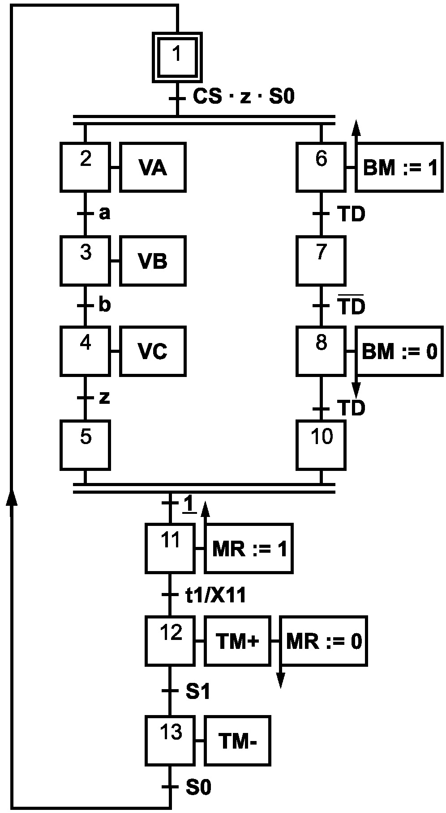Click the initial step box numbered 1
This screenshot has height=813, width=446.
tap(177, 57)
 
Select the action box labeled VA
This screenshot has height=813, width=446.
tap(153, 167)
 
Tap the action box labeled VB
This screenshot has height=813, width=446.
tap(153, 261)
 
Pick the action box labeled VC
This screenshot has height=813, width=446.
tap(153, 351)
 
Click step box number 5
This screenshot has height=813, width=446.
tap(85, 445)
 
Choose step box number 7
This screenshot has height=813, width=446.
tap(321, 261)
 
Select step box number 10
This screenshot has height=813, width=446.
tap(321, 445)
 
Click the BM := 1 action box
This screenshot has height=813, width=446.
tap(399, 167)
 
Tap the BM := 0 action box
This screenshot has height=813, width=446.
tap(399, 351)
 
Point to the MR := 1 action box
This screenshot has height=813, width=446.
tap(249, 548)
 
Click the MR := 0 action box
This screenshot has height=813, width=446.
tap(323, 641)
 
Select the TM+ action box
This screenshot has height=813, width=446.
tap(237, 641)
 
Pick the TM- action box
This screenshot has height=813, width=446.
tap(237, 741)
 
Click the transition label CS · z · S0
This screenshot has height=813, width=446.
tap(244, 97)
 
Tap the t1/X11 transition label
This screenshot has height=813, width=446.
tap(216, 595)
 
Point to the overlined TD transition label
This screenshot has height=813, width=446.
tap(352, 305)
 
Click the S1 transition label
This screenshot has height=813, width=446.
tap(198, 692)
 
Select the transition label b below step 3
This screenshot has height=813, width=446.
tap(104, 305)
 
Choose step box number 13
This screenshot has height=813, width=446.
tap(170, 741)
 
